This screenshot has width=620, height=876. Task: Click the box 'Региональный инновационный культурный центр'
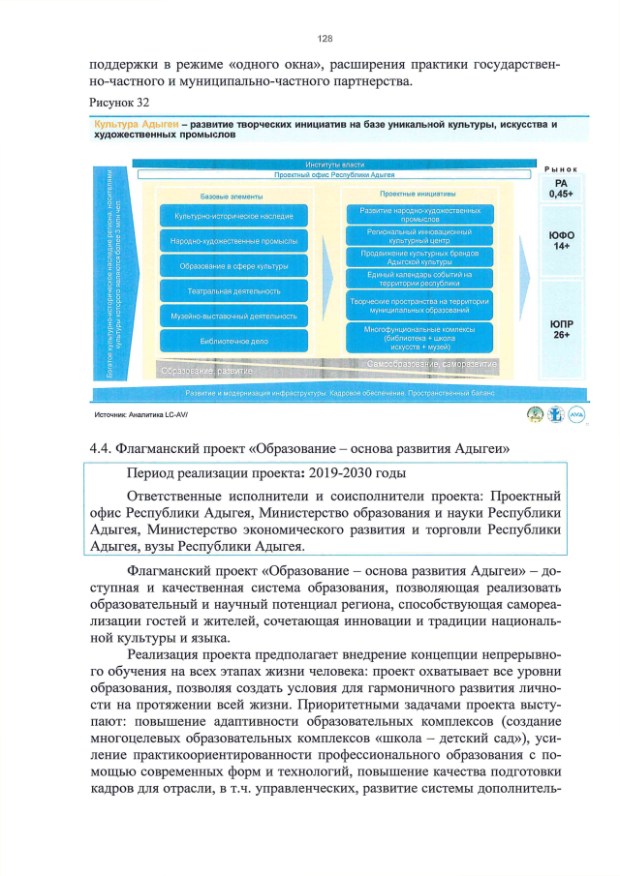[419, 236]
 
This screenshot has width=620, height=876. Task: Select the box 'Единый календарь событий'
[419, 279]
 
